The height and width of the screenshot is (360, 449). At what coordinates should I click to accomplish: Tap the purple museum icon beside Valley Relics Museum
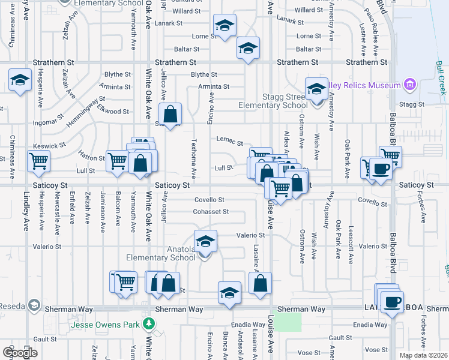click(x=410, y=84)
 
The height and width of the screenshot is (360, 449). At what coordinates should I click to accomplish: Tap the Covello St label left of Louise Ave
click(x=209, y=200)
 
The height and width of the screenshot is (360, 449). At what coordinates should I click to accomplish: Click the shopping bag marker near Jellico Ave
click(x=170, y=113)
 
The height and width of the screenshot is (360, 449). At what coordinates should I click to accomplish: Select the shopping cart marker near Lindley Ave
click(x=38, y=160)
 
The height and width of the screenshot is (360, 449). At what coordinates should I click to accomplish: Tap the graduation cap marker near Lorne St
click(x=224, y=26)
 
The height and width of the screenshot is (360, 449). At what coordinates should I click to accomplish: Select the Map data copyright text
click(x=422, y=355)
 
